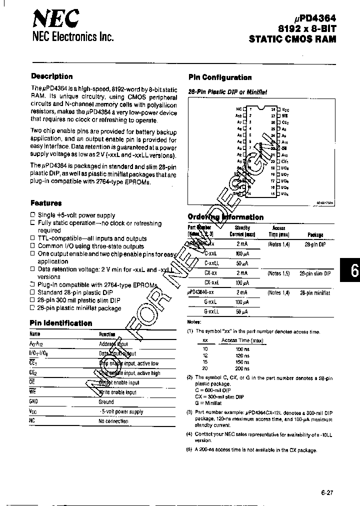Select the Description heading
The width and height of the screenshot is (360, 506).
click(x=51, y=76)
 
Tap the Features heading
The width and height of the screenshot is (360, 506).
click(x=46, y=203)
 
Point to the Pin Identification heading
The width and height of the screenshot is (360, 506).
click(x=60, y=323)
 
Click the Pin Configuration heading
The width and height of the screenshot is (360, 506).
click(x=220, y=77)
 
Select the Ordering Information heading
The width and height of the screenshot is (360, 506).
click(x=225, y=217)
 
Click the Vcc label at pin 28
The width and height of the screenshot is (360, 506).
click(x=285, y=109)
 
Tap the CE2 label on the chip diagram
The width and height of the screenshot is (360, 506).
click(x=285, y=122)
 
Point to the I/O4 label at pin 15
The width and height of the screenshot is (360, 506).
click(x=285, y=193)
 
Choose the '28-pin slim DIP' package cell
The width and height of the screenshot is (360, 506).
click(x=315, y=273)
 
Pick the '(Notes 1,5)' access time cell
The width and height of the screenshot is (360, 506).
click(x=278, y=273)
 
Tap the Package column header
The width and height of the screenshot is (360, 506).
click(x=315, y=234)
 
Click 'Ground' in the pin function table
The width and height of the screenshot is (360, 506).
click(x=106, y=401)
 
